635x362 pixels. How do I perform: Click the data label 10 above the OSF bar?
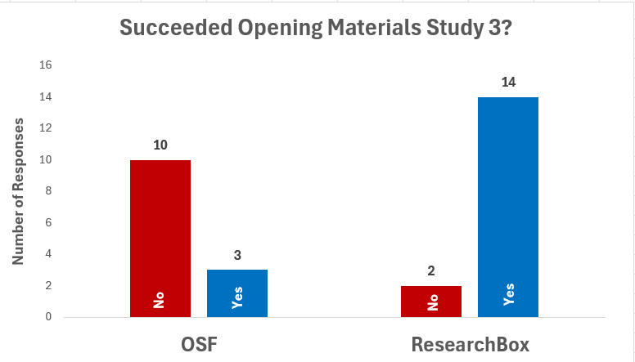160,145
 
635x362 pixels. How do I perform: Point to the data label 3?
237,256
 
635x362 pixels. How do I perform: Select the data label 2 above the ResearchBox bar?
431,271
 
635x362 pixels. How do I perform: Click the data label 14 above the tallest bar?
508,83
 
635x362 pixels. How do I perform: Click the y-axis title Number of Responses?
18,192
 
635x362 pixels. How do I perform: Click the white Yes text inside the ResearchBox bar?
508,294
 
